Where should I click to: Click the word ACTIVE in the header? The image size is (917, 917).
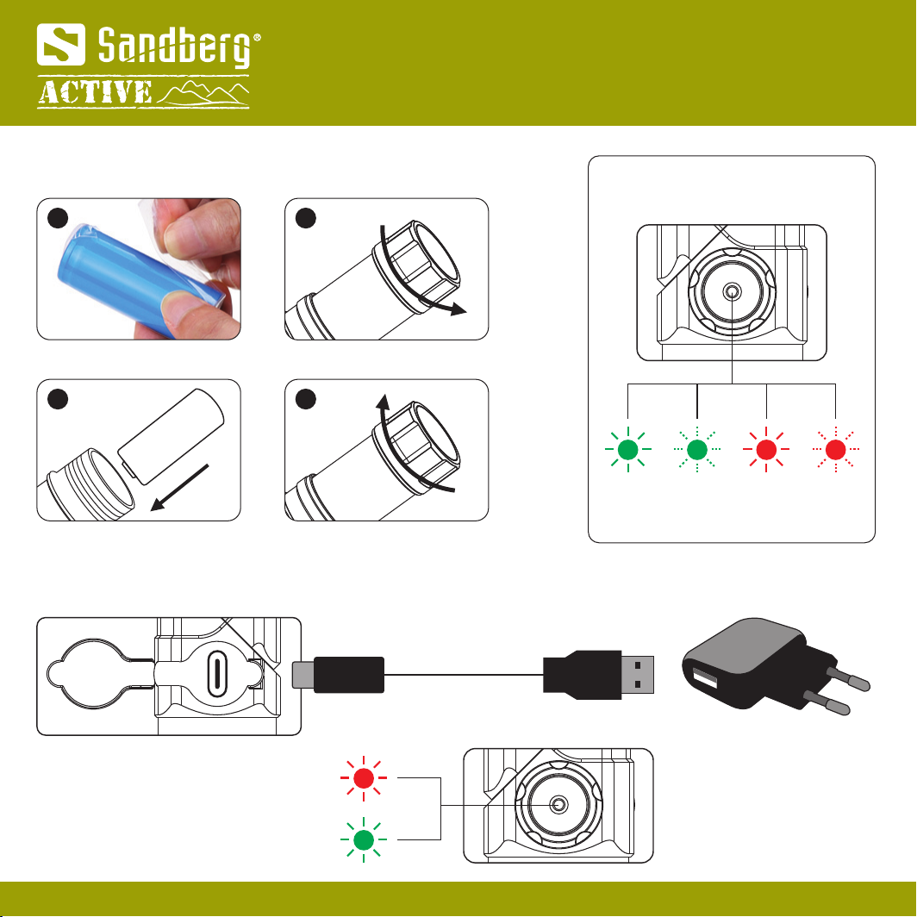[95, 93]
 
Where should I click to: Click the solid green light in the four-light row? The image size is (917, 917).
[628, 448]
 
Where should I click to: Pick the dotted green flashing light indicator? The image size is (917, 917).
[697, 448]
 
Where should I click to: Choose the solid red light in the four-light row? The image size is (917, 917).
[766, 448]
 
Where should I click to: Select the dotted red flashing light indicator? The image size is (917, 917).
[835, 448]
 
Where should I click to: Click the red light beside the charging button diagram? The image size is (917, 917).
[364, 777]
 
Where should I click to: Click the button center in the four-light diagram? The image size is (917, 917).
[732, 293]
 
